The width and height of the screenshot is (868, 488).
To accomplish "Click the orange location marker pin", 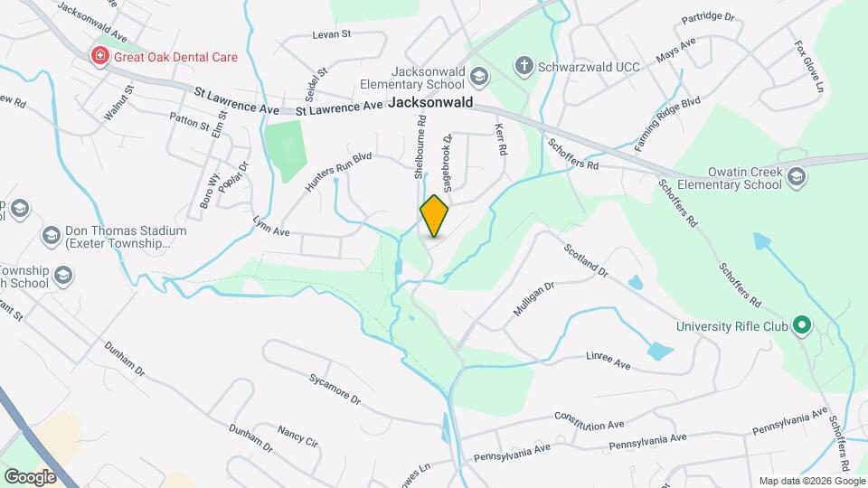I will (x=434, y=216).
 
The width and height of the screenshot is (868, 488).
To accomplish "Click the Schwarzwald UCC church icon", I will (x=523, y=65).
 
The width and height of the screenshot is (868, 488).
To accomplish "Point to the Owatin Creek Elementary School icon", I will (x=796, y=175).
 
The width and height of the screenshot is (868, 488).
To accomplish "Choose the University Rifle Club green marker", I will (x=801, y=325).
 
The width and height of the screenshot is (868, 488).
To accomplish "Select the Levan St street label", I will (x=330, y=34).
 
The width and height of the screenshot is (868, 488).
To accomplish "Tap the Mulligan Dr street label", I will (x=533, y=297).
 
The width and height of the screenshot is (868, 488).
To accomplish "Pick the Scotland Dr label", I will (x=586, y=261).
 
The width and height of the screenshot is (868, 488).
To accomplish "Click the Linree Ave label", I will (x=608, y=361).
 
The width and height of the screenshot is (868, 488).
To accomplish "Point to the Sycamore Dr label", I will (x=335, y=388).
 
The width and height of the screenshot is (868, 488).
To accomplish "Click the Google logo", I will (x=30, y=476).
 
